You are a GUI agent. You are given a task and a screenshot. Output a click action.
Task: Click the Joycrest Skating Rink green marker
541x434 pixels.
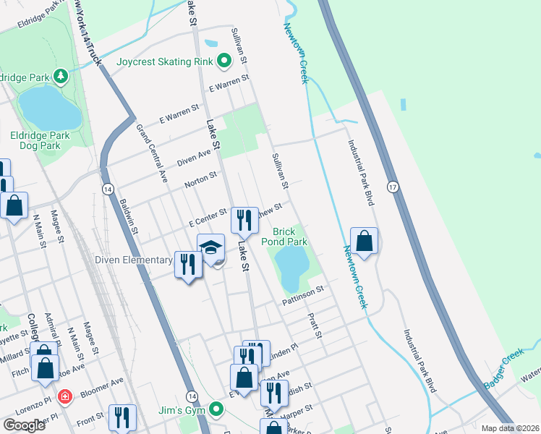223,61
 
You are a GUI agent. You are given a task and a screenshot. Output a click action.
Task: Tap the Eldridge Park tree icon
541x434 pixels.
62,75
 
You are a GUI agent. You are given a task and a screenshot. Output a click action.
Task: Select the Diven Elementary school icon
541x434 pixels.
210,248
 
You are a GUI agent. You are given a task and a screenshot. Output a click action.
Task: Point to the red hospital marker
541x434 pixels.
64,397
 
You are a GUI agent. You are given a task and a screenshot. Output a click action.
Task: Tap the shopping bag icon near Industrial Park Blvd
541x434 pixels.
365,241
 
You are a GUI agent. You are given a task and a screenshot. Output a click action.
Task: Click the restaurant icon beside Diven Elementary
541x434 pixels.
188,264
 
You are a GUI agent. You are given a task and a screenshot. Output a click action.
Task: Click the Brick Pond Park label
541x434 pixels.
290,237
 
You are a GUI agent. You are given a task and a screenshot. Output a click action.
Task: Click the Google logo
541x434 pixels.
24,425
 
